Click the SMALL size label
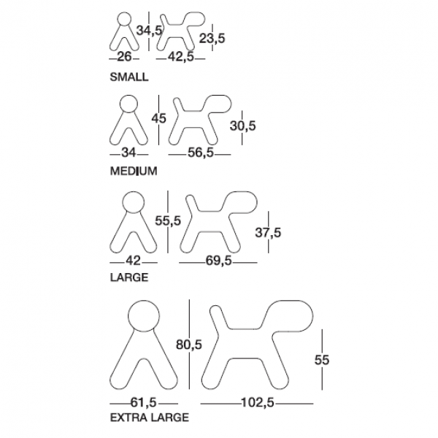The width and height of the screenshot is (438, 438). click(x=129, y=77)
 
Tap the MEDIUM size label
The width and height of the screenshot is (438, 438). click(x=134, y=171)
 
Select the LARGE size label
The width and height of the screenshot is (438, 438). click(x=129, y=277)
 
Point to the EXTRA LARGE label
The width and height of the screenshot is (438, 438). click(x=150, y=418)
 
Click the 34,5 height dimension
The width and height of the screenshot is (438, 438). click(x=149, y=31)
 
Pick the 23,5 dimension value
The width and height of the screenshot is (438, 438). click(x=212, y=38)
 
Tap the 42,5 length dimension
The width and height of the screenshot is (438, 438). click(x=181, y=57)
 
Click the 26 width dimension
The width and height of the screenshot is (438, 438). click(x=124, y=57)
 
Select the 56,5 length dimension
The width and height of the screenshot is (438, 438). click(x=201, y=153)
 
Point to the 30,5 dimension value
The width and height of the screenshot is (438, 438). click(x=243, y=126)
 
